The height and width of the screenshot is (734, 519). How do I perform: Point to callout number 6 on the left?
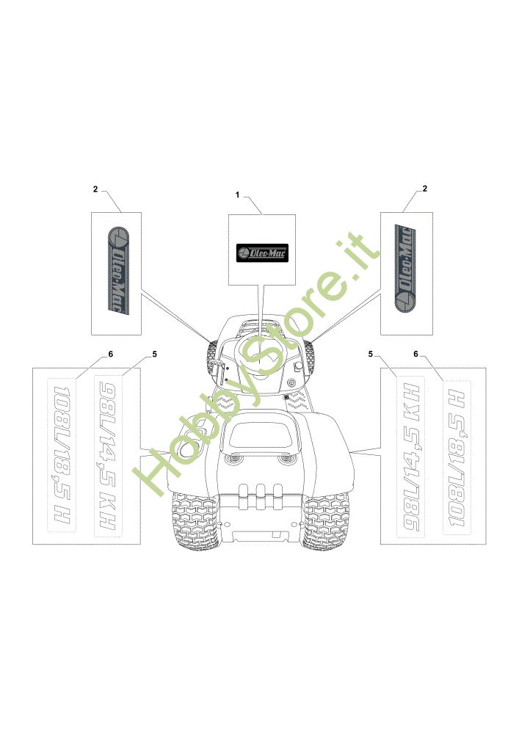click(110, 354)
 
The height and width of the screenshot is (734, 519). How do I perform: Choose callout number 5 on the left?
click(154, 354)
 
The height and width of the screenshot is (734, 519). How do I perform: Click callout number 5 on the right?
click(372, 354)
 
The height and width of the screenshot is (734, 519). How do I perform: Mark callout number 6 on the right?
click(416, 354)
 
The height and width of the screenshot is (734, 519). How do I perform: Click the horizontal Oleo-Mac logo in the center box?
click(261, 252)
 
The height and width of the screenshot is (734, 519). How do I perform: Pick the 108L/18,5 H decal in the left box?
click(62, 455)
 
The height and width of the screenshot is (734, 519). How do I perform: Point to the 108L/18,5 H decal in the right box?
click(456, 455)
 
